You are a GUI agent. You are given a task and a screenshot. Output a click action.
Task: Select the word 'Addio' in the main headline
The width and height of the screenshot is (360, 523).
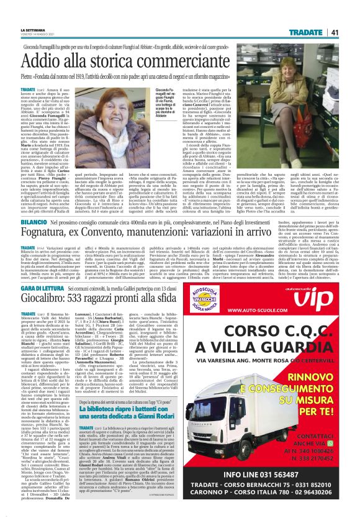(x=56, y=61)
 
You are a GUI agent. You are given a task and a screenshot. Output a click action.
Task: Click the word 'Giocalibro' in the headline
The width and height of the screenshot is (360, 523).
(x=66, y=302)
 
